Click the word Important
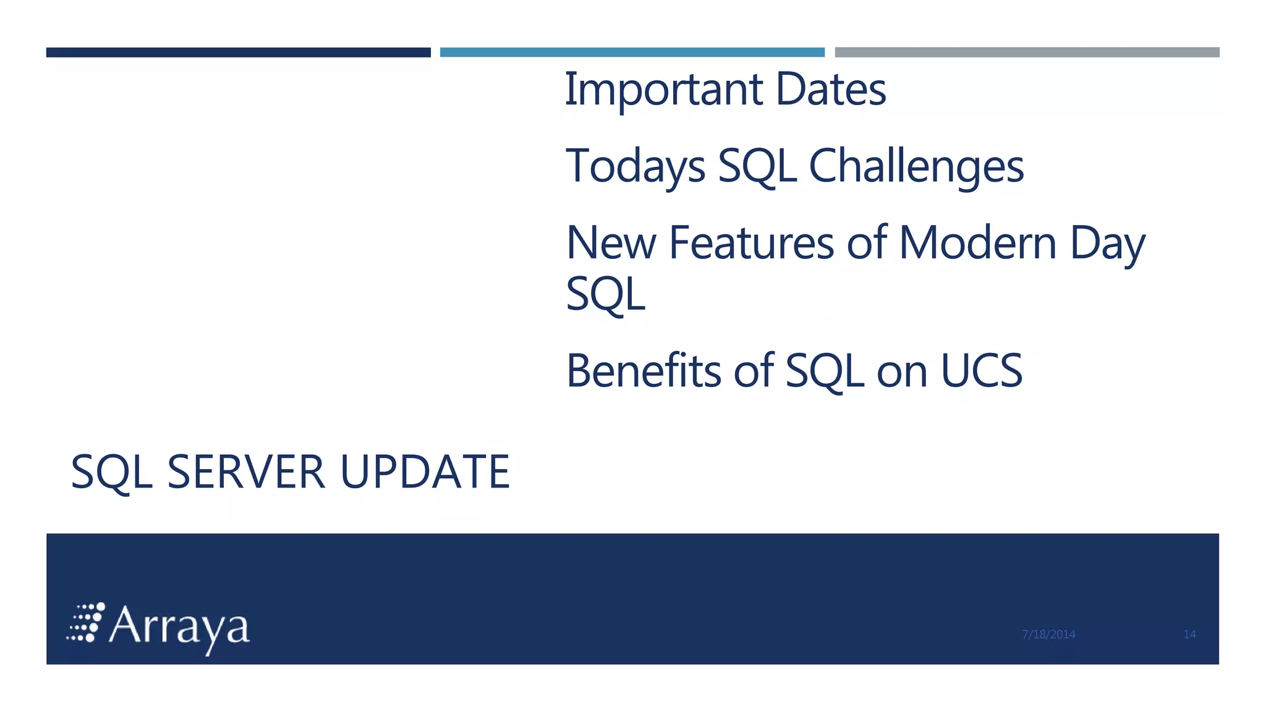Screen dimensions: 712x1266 663,90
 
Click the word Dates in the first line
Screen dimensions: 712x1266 830,90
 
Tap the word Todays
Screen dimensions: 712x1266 635,167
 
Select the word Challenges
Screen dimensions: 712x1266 916,167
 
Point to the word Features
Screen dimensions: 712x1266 751,243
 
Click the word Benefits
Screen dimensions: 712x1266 644,371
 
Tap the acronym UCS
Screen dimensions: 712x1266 981,371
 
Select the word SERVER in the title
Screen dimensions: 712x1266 246,472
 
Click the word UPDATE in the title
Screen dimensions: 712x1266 425,472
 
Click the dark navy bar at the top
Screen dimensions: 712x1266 238,53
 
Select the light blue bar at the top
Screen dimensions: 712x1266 632,53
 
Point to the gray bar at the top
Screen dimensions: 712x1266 1027,53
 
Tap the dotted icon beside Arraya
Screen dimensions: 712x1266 86,622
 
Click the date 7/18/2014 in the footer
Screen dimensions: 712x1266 1048,634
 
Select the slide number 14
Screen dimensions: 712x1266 1189,634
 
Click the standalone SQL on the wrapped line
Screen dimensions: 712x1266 605,295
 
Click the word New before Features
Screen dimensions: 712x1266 610,243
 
